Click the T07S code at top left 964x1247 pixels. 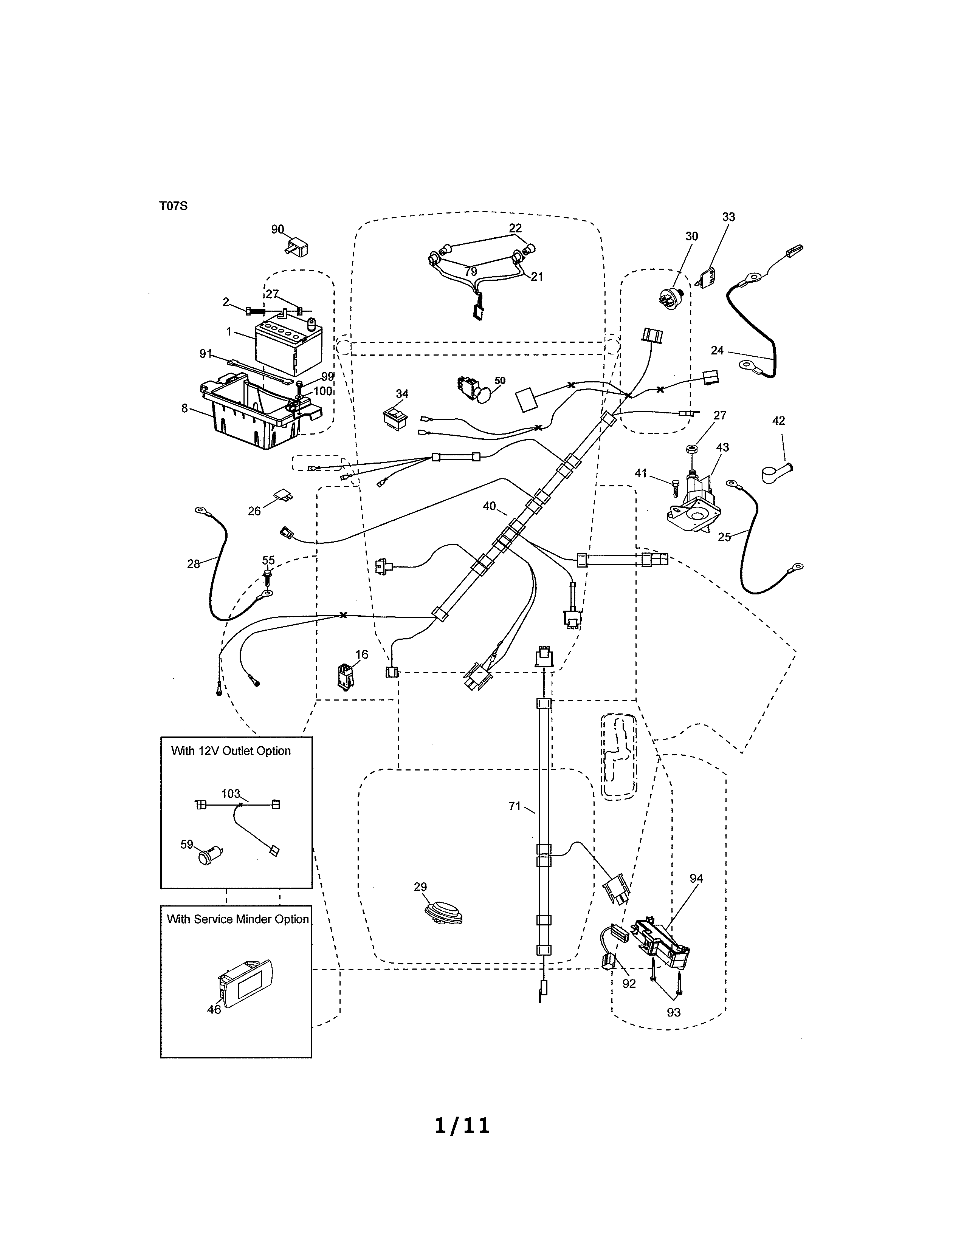[x=173, y=206]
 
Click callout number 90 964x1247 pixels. [x=277, y=229]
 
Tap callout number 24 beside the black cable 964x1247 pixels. [x=717, y=351]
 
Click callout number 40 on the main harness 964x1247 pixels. [x=490, y=506]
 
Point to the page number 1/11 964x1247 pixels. [x=462, y=1125]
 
